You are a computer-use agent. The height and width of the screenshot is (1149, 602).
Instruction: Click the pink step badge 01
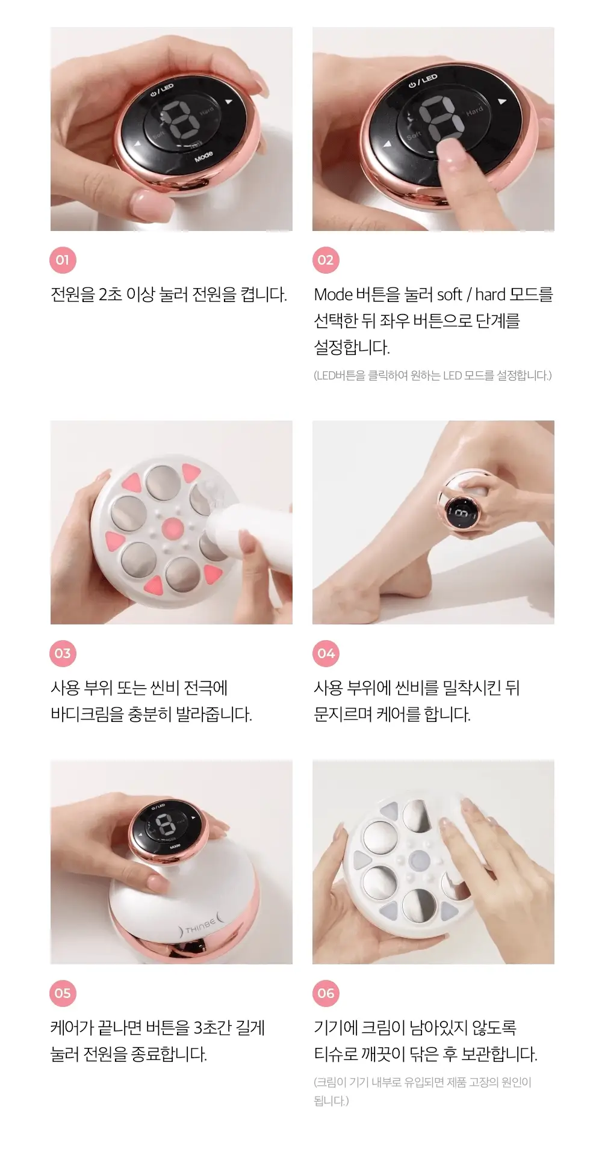tap(63, 260)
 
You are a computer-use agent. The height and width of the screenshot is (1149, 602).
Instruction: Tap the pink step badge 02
tap(326, 260)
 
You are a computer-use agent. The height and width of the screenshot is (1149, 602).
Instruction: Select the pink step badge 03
tap(63, 653)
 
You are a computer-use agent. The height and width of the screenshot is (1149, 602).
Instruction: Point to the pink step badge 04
tap(326, 653)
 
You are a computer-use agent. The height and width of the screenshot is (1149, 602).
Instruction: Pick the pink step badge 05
tap(63, 993)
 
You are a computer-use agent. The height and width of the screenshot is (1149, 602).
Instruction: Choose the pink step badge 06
tap(326, 993)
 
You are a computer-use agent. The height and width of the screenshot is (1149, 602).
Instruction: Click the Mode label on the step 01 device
tap(203, 158)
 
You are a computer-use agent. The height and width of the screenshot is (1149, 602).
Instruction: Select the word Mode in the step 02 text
tap(333, 294)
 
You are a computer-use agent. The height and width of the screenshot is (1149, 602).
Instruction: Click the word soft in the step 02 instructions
tap(449, 294)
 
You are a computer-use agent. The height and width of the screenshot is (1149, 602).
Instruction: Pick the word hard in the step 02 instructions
tap(490, 294)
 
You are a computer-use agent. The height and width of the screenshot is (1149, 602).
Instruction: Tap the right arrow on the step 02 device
tap(502, 102)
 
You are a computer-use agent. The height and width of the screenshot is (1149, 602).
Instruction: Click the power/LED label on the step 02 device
tap(423, 81)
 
